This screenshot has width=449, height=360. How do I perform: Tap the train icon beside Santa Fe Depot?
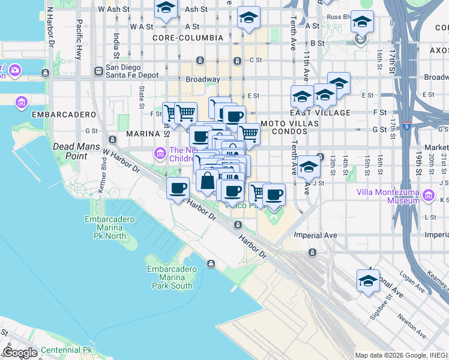point(98,71)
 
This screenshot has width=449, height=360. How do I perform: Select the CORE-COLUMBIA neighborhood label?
point(187,38)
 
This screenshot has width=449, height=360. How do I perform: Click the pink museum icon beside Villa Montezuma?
point(428,195)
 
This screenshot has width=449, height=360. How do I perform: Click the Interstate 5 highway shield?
point(407,127)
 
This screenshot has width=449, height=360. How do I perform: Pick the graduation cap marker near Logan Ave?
point(368,280)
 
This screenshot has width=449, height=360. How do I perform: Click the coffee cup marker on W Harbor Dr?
point(177,188)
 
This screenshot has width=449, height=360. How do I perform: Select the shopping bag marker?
point(207,180)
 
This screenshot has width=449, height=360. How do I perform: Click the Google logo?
point(20,353)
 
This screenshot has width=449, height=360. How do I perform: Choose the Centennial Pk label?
point(61,350)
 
